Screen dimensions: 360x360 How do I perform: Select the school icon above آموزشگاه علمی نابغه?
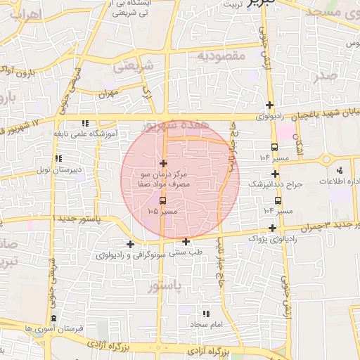[x=85, y=123]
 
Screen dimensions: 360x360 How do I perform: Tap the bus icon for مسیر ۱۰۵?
[x=163, y=201]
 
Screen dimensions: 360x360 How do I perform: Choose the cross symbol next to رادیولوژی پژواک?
[x=273, y=228]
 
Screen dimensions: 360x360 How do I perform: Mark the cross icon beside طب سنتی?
[x=186, y=241]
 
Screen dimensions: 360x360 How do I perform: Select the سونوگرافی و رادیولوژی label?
[x=132, y=255]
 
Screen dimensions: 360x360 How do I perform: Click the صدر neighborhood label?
[x=328, y=76]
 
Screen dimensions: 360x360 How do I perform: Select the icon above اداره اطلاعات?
[x=340, y=170]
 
